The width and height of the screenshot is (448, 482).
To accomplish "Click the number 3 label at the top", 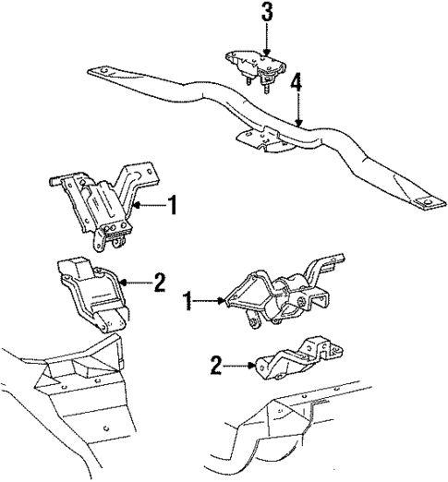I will [266, 14].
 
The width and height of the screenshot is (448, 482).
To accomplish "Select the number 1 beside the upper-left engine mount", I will [171, 205].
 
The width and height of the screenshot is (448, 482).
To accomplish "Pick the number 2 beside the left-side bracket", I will [159, 282].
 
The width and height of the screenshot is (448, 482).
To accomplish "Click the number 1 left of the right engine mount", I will [188, 299].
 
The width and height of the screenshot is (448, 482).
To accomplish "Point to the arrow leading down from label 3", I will [266, 40].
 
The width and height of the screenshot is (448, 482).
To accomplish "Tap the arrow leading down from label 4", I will [296, 106].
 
